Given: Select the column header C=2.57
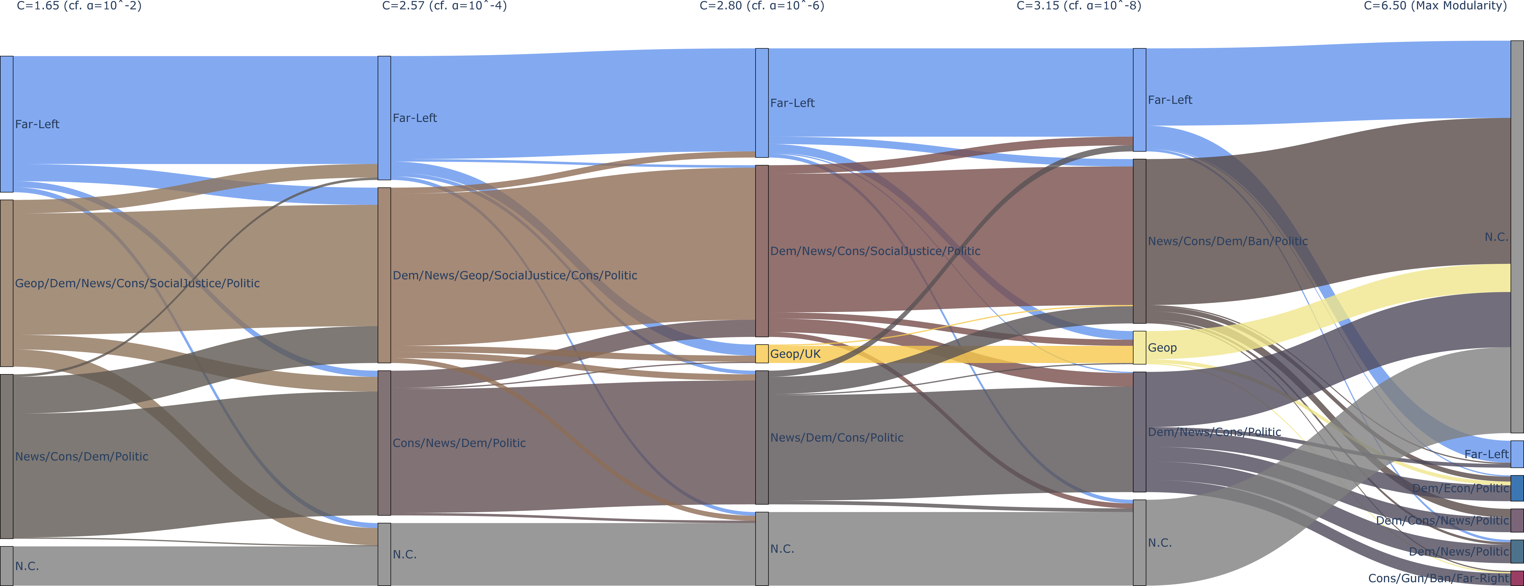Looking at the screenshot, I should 444,6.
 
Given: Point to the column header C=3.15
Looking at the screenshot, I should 1079,6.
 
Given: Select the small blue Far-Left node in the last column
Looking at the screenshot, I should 1517,454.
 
